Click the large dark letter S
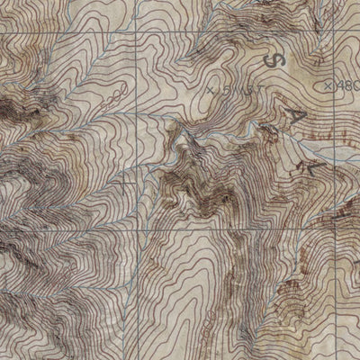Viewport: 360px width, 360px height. tap(274, 60)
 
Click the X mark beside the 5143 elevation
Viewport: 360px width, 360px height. tap(211, 90)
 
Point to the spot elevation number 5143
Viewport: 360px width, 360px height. tap(233, 91)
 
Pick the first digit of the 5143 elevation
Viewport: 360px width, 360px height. tap(224, 91)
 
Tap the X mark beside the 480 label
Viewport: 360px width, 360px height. tap(328, 85)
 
